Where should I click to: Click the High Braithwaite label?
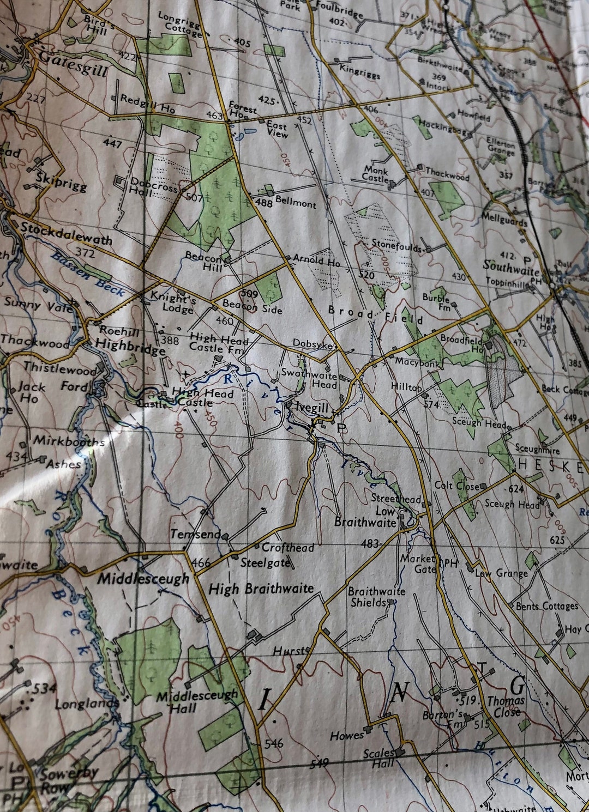pos(261,589)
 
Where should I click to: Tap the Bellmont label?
pos(295,202)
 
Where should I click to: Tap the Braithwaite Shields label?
pos(376,597)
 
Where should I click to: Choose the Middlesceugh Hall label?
pos(197,701)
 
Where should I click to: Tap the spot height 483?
pos(370,543)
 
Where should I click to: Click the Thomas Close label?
pos(506,706)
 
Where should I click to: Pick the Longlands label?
pos(86,704)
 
